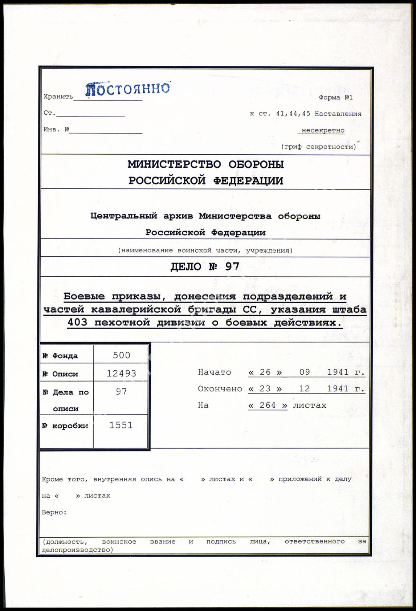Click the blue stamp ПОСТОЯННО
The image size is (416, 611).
(x=127, y=89)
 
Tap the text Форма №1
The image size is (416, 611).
(x=335, y=97)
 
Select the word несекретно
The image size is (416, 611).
(x=323, y=130)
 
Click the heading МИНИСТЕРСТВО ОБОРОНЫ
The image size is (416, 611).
(x=205, y=164)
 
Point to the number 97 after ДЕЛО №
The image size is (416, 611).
(x=232, y=267)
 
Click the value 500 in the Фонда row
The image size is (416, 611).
(x=121, y=355)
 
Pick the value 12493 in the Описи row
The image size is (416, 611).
(x=121, y=374)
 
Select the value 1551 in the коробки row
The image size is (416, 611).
(x=121, y=425)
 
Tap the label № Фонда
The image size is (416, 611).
(x=60, y=356)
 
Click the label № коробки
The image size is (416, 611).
(x=65, y=426)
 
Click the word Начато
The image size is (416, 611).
(x=215, y=372)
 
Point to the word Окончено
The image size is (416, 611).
(x=220, y=389)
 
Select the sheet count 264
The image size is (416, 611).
(x=268, y=405)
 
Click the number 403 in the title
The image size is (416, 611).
(x=77, y=322)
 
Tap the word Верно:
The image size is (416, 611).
(x=54, y=513)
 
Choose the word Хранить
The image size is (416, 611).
(x=58, y=97)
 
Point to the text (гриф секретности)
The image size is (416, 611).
(x=318, y=147)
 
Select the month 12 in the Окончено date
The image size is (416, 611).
(x=304, y=389)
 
